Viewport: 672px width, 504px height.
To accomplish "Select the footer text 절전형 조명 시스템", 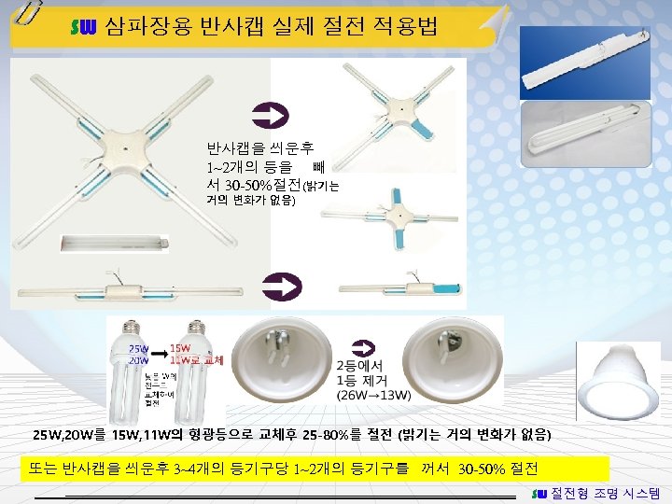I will pyautogui.click(x=606, y=492).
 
